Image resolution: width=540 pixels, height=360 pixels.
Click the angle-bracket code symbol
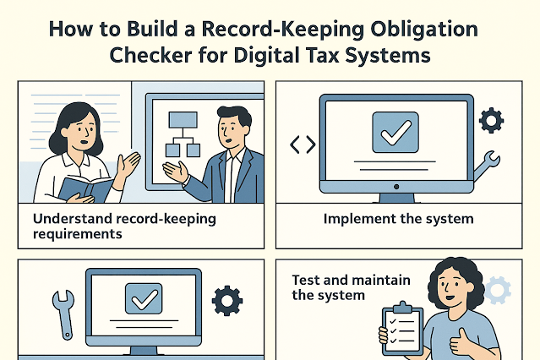click(x=303, y=145)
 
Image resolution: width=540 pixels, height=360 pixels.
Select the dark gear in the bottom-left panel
click(x=226, y=300)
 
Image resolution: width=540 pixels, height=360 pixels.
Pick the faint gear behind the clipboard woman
click(x=498, y=289)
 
